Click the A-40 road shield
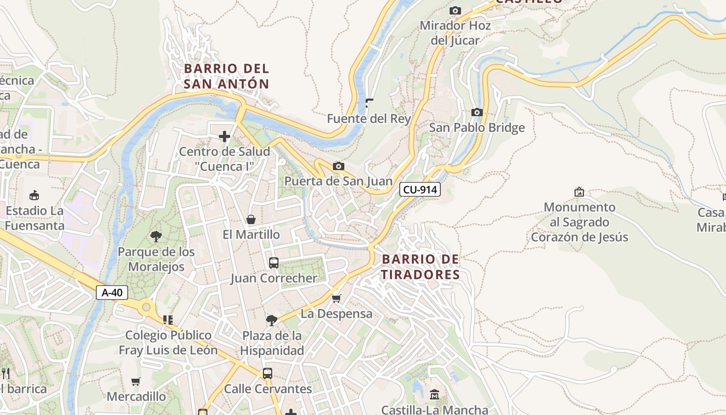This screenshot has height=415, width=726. pyautogui.click(x=112, y=293)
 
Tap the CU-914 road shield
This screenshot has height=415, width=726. pyautogui.click(x=420, y=190)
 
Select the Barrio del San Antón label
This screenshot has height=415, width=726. pyautogui.click(x=227, y=76)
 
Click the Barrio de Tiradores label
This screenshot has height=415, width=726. pyautogui.click(x=421, y=267)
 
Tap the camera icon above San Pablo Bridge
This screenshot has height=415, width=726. pyautogui.click(x=477, y=112)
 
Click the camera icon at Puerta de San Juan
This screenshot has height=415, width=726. pyautogui.click(x=339, y=166)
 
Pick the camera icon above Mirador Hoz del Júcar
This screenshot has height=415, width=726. pyautogui.click(x=455, y=10)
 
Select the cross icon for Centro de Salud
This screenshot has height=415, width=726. pyautogui.click(x=225, y=136)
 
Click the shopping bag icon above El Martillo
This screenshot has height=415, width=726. pyautogui.click(x=251, y=219)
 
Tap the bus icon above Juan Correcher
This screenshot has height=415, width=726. pyautogui.click(x=274, y=263)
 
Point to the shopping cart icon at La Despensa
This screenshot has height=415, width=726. pyautogui.click(x=337, y=298)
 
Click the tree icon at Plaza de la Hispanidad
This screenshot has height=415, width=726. pyautogui.click(x=271, y=320)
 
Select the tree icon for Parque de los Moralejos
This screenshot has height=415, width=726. pyautogui.click(x=156, y=237)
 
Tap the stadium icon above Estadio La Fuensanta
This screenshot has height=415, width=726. pyautogui.click(x=34, y=196)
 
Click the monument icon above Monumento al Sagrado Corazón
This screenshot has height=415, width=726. pyautogui.click(x=579, y=192)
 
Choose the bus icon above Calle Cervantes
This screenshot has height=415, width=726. pyautogui.click(x=268, y=374)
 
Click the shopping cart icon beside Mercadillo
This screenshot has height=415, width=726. pyautogui.click(x=136, y=382)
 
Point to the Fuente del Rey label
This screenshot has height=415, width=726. pyautogui.click(x=369, y=119)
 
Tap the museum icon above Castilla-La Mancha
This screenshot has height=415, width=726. pyautogui.click(x=435, y=395)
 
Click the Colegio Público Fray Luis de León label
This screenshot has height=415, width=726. pyautogui.click(x=168, y=342)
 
